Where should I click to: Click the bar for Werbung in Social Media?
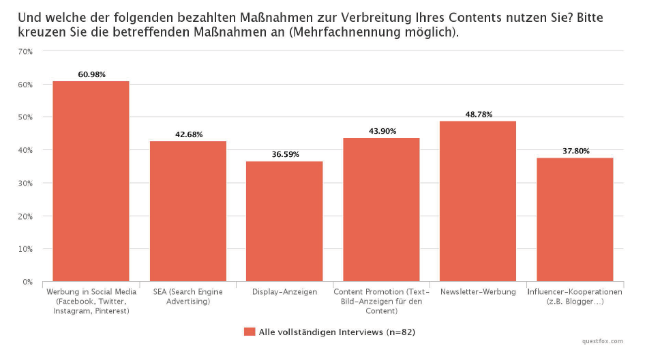click(x=91, y=181)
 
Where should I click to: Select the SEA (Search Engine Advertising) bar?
click(x=187, y=211)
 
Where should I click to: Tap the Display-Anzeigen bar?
click(x=284, y=221)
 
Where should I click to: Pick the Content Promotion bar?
click(x=381, y=209)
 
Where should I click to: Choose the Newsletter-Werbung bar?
click(x=478, y=201)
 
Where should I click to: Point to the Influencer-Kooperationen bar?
click(x=575, y=219)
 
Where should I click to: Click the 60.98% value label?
click(x=91, y=74)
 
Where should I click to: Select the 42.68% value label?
click(x=189, y=134)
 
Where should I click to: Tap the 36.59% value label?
click(x=285, y=155)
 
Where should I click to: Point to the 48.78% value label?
click(x=479, y=114)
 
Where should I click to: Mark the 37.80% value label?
click(x=575, y=151)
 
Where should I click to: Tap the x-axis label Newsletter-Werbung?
click(x=477, y=292)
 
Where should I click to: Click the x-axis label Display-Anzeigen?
click(x=284, y=292)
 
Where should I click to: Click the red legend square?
click(x=249, y=332)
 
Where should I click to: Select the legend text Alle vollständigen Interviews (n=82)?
click(x=337, y=332)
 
